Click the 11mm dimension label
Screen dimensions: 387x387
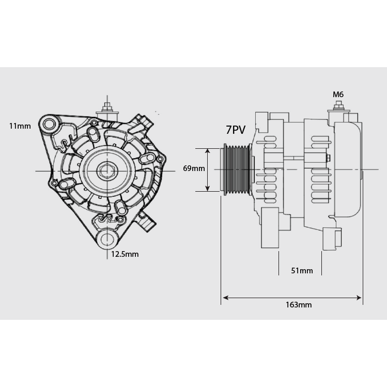coord(20,126)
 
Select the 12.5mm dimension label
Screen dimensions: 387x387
coord(125,254)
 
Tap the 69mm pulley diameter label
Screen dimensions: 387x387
coord(194,168)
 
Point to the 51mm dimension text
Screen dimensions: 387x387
coord(302,271)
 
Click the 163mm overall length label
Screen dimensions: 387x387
coord(299,305)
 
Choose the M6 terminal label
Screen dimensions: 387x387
coord(338,95)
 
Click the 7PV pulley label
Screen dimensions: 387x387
coord(236,130)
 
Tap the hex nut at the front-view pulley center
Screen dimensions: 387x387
coord(107,171)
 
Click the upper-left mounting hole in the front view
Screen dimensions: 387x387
coord(49,123)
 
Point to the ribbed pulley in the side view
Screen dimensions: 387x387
coord(237,170)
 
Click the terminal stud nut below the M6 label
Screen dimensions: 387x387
coord(338,107)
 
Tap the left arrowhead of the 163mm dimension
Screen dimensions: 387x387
coord(225,298)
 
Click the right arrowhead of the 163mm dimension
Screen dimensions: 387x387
coord(359,298)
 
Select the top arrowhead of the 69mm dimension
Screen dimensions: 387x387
coord(208,151)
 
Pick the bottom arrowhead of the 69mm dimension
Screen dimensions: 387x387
coord(208,189)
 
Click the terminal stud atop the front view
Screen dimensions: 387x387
coord(107,108)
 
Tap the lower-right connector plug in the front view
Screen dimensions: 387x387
coord(146,222)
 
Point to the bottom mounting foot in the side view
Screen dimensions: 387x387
coord(270,227)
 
